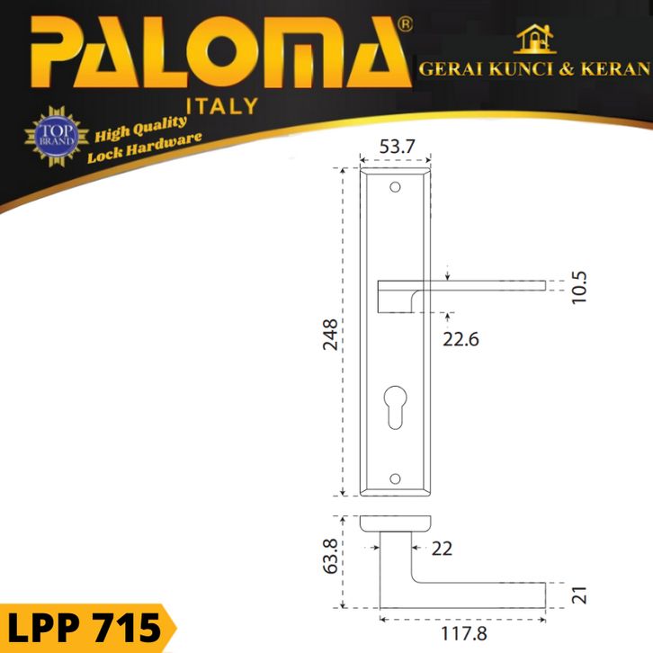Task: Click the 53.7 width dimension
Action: tap(397, 147)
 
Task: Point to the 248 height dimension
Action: tap(331, 335)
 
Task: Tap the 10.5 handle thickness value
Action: tap(579, 287)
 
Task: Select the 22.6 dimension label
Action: tap(461, 339)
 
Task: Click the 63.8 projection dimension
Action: tap(331, 557)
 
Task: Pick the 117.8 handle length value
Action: tap(463, 634)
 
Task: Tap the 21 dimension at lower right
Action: tap(579, 595)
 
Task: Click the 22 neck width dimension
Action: tap(442, 549)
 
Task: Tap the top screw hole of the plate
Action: tap(395, 187)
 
